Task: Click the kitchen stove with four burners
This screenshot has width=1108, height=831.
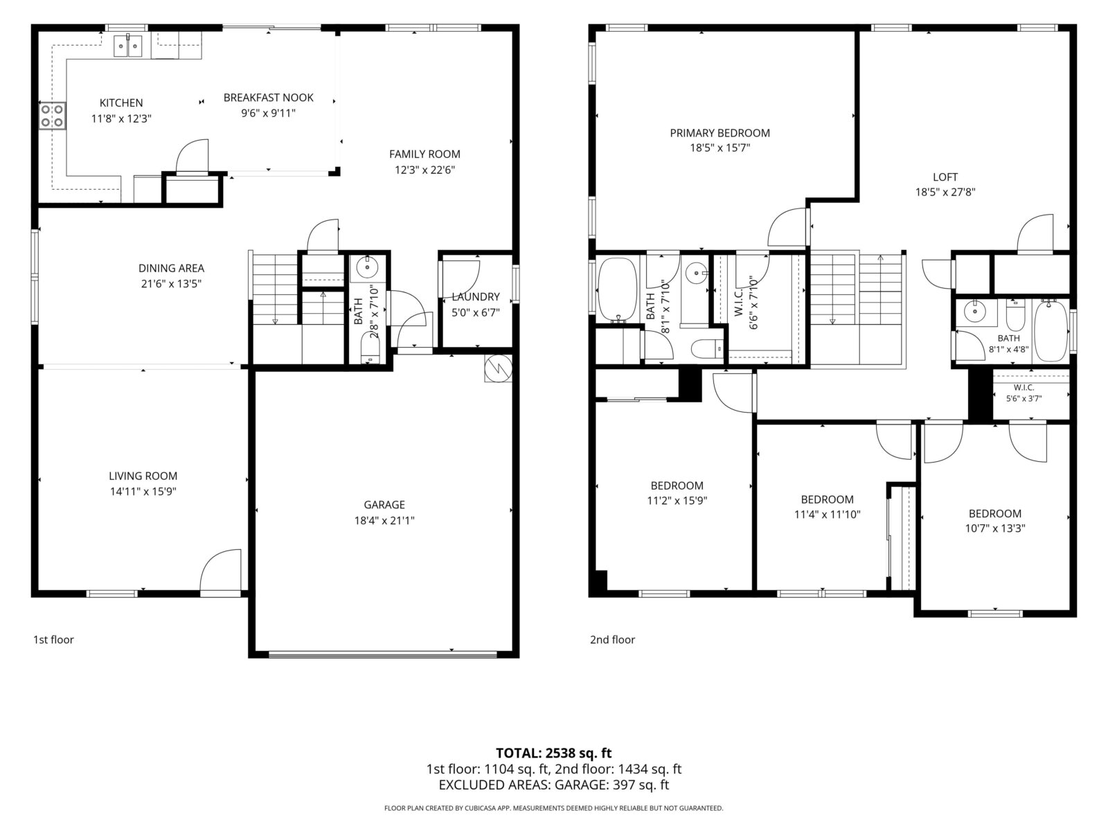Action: pyautogui.click(x=53, y=116)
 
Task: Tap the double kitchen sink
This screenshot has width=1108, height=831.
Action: pyautogui.click(x=127, y=46)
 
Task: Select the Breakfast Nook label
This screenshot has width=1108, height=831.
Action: pyautogui.click(x=269, y=98)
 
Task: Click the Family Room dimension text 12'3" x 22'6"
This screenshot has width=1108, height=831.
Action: pyautogui.click(x=425, y=170)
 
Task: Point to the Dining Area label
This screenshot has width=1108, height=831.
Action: pyautogui.click(x=171, y=268)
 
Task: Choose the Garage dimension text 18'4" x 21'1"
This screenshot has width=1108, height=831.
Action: pyautogui.click(x=384, y=521)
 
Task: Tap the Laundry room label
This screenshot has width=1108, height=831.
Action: pyautogui.click(x=476, y=296)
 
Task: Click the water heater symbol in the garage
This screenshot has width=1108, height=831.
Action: pyautogui.click(x=498, y=368)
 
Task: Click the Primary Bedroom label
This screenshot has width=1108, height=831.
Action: pyautogui.click(x=720, y=133)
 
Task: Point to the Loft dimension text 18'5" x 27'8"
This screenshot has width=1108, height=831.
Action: pyautogui.click(x=945, y=193)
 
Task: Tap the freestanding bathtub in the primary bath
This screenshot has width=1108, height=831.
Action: pyautogui.click(x=617, y=291)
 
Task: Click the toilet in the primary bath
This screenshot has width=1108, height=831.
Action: pyautogui.click(x=707, y=348)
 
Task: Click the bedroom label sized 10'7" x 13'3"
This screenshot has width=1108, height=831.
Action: pyautogui.click(x=994, y=514)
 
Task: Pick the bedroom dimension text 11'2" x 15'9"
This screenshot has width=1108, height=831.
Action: pyautogui.click(x=677, y=501)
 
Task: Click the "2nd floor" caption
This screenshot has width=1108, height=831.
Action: pyautogui.click(x=612, y=640)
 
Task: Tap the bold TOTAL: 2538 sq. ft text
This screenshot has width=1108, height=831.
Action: pyautogui.click(x=553, y=753)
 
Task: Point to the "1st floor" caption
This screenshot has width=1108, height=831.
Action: pyautogui.click(x=53, y=640)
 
